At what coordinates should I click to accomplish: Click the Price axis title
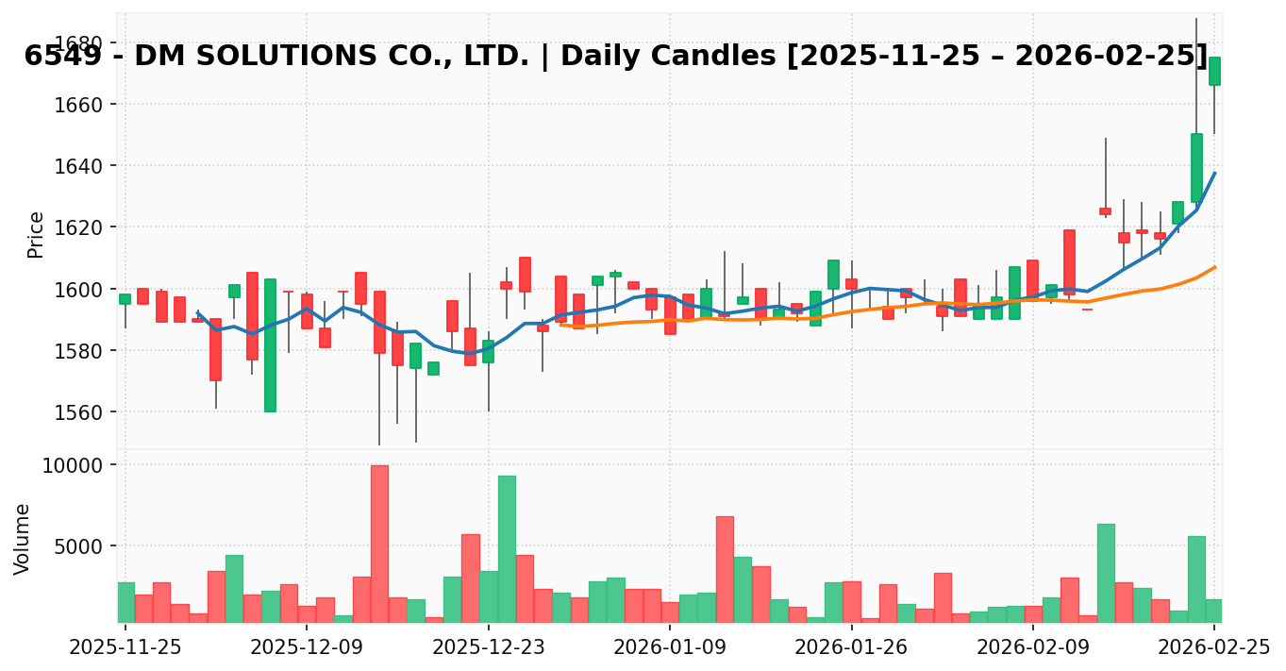36,234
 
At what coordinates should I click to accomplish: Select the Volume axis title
23,538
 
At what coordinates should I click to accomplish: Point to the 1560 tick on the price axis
80,412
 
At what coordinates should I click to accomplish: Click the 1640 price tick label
80,166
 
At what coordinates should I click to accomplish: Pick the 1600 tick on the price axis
80,289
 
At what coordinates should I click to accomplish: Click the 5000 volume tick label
80,546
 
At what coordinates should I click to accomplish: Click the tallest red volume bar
379,544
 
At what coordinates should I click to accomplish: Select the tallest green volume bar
507,548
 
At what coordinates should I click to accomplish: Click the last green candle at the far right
1214,71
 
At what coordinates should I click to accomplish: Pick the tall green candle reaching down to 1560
270,344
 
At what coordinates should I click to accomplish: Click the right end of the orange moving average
1214,267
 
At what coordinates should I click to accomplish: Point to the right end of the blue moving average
1214,173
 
